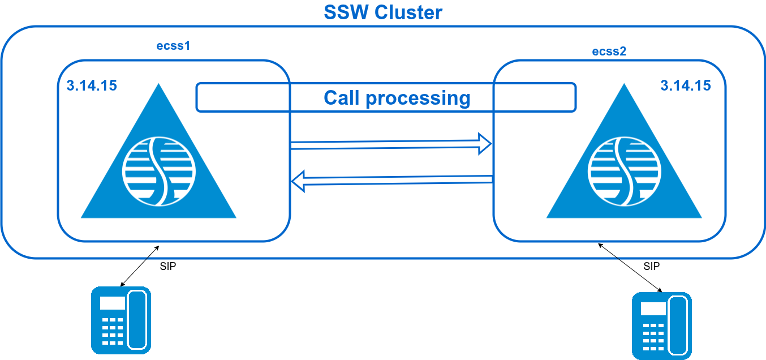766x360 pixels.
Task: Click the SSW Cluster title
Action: [383, 12]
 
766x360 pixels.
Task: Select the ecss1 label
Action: [173, 46]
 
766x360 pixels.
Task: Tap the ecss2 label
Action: [609, 52]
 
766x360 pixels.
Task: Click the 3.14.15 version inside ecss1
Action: [92, 86]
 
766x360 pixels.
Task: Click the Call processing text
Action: [397, 98]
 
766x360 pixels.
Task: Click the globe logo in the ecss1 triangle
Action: [159, 170]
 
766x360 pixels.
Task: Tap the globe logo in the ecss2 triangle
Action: [624, 170]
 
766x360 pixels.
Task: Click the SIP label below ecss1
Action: [168, 267]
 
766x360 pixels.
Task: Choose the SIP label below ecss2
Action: [652, 266]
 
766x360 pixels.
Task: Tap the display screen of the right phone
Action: [653, 309]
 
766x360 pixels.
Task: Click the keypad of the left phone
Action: [112, 331]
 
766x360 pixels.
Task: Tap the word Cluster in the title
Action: [408, 12]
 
